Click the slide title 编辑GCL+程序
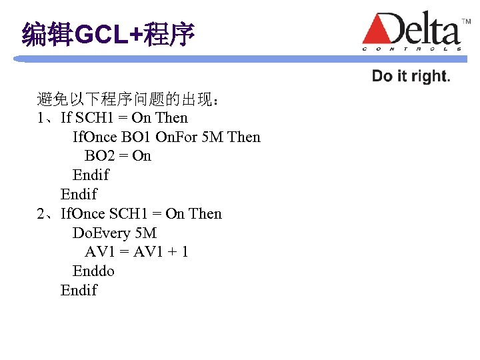click(x=108, y=34)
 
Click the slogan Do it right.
click(x=411, y=76)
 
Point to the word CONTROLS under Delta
click(x=412, y=49)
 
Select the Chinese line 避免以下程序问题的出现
click(x=127, y=100)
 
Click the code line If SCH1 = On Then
click(x=124, y=118)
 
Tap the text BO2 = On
click(x=118, y=156)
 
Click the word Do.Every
click(x=101, y=233)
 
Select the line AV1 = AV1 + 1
click(x=136, y=252)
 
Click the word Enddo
click(x=93, y=271)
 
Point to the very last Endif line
click(x=79, y=291)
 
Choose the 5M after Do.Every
click(x=145, y=233)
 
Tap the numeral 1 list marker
click(x=41, y=118)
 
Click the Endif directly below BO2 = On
click(x=91, y=175)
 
